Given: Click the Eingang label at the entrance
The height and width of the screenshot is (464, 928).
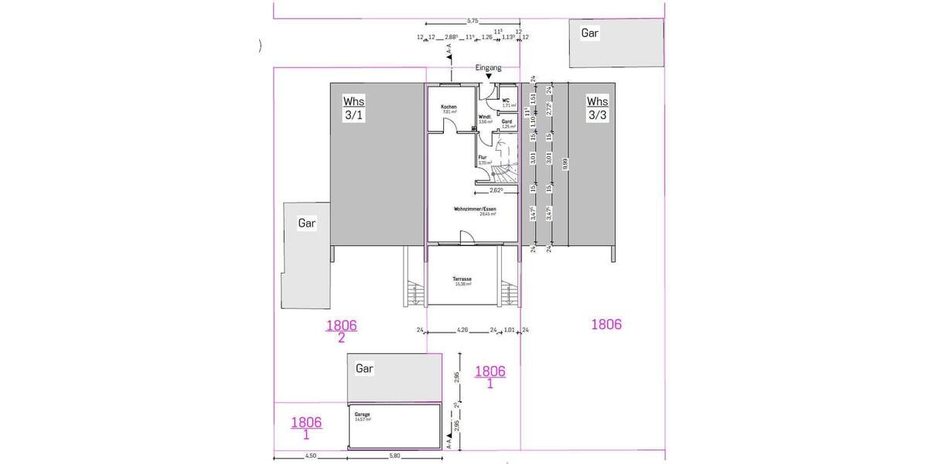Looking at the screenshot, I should (x=488, y=68).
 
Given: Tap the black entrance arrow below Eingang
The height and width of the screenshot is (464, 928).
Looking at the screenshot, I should (x=488, y=77).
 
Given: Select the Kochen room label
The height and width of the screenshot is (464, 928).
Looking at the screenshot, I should (x=449, y=107).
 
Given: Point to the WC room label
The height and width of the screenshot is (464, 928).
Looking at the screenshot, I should (x=506, y=101).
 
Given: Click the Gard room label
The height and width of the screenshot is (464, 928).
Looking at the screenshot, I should (x=507, y=121).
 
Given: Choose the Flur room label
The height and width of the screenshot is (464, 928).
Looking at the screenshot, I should (x=482, y=158).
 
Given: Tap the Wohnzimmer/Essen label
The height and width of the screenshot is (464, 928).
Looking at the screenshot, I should (x=474, y=209).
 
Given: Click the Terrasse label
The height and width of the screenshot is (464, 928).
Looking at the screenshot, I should (x=462, y=279).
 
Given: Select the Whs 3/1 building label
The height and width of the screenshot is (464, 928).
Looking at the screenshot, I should (x=353, y=108).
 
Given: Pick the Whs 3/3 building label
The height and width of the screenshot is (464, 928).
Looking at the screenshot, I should (x=597, y=108).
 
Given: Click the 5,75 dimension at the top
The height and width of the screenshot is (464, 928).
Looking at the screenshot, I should (x=473, y=21).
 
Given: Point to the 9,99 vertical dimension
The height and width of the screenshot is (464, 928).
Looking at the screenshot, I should (x=565, y=164).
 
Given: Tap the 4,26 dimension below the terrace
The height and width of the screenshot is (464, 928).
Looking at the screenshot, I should (x=462, y=330).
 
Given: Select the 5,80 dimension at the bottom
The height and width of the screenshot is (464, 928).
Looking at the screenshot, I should (x=394, y=455).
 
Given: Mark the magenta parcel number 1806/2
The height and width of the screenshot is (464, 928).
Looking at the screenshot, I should (x=341, y=331).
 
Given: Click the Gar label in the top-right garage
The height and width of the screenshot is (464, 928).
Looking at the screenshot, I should (x=591, y=33).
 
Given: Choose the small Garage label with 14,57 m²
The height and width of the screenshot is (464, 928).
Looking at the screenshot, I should (x=362, y=415).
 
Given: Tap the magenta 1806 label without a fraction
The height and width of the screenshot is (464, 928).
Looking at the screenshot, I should (x=606, y=325).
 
